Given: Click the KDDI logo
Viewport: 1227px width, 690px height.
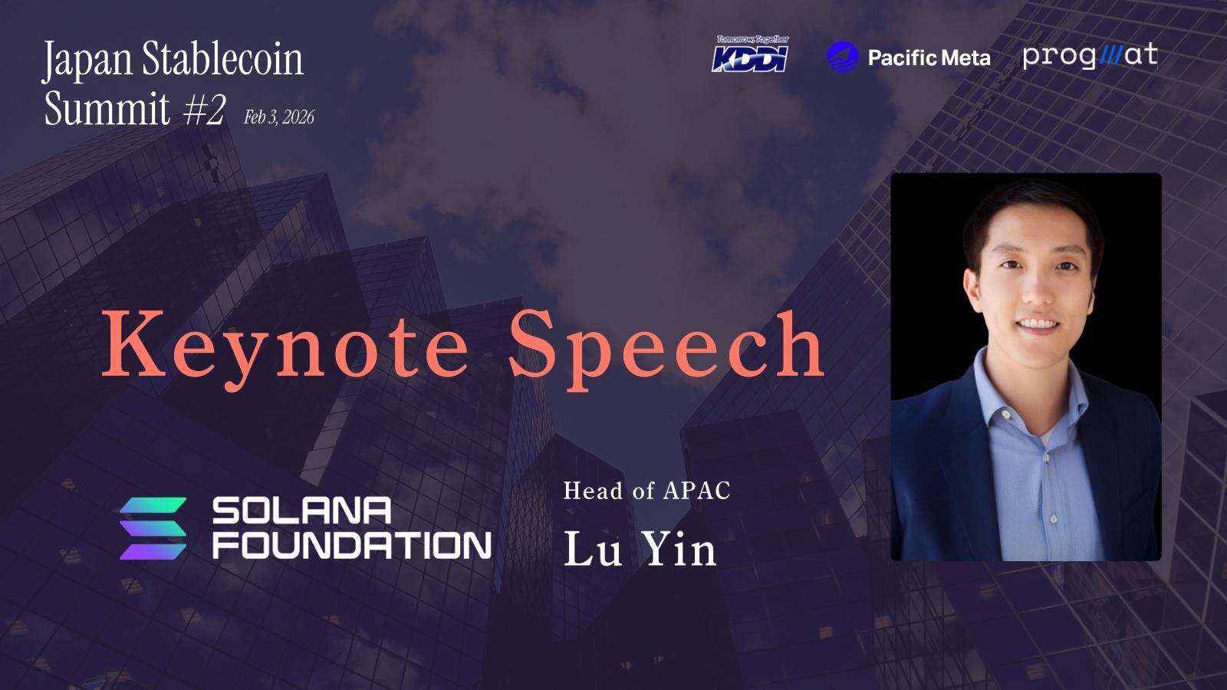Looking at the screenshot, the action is [x=750, y=54].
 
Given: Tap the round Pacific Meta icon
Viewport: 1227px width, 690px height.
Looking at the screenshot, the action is [x=843, y=57].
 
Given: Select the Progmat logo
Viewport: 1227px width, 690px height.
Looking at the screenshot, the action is [x=1090, y=56].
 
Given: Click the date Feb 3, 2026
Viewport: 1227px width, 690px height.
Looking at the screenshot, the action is [x=279, y=117].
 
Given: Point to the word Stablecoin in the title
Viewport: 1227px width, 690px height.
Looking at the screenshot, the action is [x=222, y=58].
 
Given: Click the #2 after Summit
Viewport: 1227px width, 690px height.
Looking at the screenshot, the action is [x=204, y=108].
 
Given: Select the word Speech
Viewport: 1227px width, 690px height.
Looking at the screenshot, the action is [x=666, y=349].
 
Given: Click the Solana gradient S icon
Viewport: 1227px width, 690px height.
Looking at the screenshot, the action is [x=153, y=528].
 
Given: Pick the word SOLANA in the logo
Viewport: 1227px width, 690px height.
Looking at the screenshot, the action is [x=301, y=511].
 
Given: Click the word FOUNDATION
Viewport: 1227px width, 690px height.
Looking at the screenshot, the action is [x=352, y=545].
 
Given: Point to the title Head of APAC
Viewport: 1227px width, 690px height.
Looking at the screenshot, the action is [x=647, y=491].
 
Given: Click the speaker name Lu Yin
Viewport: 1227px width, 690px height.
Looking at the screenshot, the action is [x=640, y=549].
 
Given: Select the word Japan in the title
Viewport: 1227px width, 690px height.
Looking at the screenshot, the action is [x=87, y=61].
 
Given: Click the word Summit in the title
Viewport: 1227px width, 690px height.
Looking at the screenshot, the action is [x=107, y=108].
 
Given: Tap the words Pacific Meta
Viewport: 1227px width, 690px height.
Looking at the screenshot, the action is [x=929, y=58].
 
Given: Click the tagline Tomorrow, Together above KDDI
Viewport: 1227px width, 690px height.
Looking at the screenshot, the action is [x=753, y=39].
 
